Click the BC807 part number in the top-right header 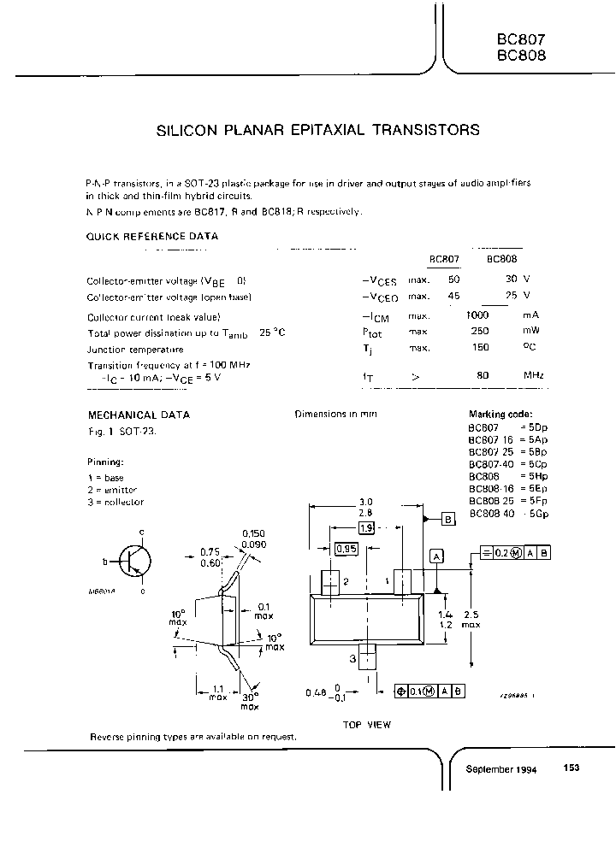pos(520,38)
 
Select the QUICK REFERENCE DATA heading pos(152,236)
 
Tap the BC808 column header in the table pos(500,259)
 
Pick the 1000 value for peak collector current pos(477,315)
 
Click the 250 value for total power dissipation pos(480,331)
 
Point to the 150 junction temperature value pos(480,348)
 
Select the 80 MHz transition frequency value pos(483,375)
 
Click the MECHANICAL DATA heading pos(138,415)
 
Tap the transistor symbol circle pos(134,561)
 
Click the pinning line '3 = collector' pos(115,503)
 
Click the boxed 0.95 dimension pos(346,550)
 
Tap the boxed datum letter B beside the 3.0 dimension pos(448,519)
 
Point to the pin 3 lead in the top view pos(367,657)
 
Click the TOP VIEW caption pos(366,725)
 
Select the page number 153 pos(572,768)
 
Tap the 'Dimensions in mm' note pos(335,415)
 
